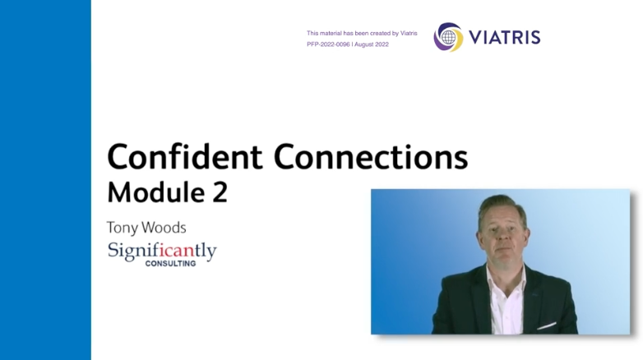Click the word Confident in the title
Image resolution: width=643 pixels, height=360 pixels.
185,156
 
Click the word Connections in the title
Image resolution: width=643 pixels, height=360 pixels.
371,156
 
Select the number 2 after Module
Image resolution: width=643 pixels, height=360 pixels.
220,192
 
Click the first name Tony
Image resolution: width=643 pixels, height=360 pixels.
123,228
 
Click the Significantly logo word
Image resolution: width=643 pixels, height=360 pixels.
162,251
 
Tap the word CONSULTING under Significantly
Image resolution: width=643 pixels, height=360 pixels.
170,264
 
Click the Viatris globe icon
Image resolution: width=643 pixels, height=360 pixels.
449,37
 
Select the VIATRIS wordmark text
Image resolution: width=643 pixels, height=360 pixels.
504,37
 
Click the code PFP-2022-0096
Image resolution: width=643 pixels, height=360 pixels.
328,44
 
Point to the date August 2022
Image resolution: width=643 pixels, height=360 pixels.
372,44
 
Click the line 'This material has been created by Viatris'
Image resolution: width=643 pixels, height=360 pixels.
362,33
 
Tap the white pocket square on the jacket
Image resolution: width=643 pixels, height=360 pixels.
546,326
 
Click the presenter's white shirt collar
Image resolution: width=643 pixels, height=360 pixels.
507,279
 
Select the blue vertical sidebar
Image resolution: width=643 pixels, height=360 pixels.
45,180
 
